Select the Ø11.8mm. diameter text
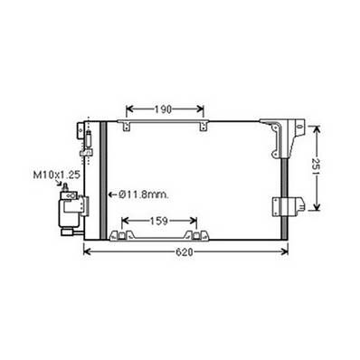(142, 194)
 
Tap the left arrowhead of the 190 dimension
(127, 109)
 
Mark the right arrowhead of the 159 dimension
(196, 220)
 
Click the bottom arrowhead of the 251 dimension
(317, 208)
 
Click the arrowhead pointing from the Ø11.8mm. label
(112, 194)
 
